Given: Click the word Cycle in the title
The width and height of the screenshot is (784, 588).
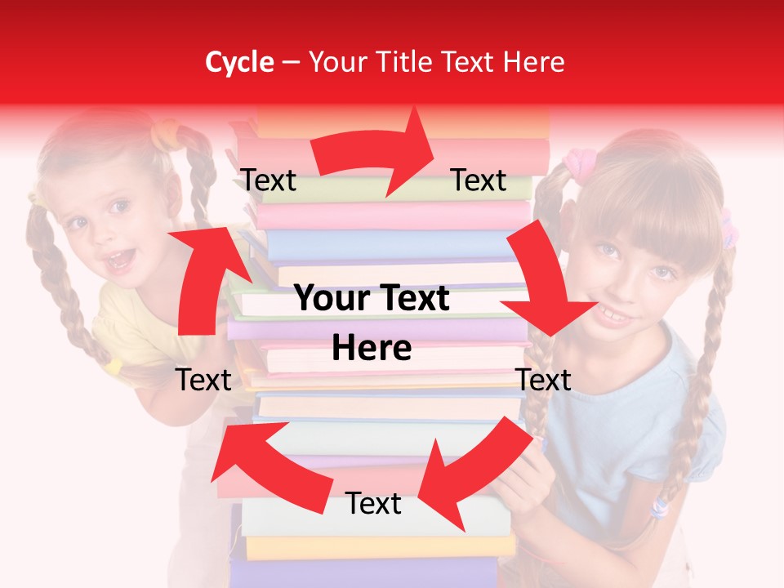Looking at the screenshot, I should [239, 62].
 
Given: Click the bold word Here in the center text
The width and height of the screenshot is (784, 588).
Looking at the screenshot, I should [372, 349].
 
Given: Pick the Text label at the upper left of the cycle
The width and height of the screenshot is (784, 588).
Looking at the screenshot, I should [269, 180].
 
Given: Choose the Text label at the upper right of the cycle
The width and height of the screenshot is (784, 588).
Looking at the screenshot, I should [479, 180].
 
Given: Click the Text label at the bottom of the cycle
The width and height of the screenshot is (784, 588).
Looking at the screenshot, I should [373, 504].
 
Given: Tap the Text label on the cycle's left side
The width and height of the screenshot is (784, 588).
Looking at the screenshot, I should [204, 380].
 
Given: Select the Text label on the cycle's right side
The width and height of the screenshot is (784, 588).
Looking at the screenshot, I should [544, 380].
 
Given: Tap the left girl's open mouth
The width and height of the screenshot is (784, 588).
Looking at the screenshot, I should [121, 260].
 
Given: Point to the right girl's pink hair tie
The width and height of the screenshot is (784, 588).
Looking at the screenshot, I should [578, 163].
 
